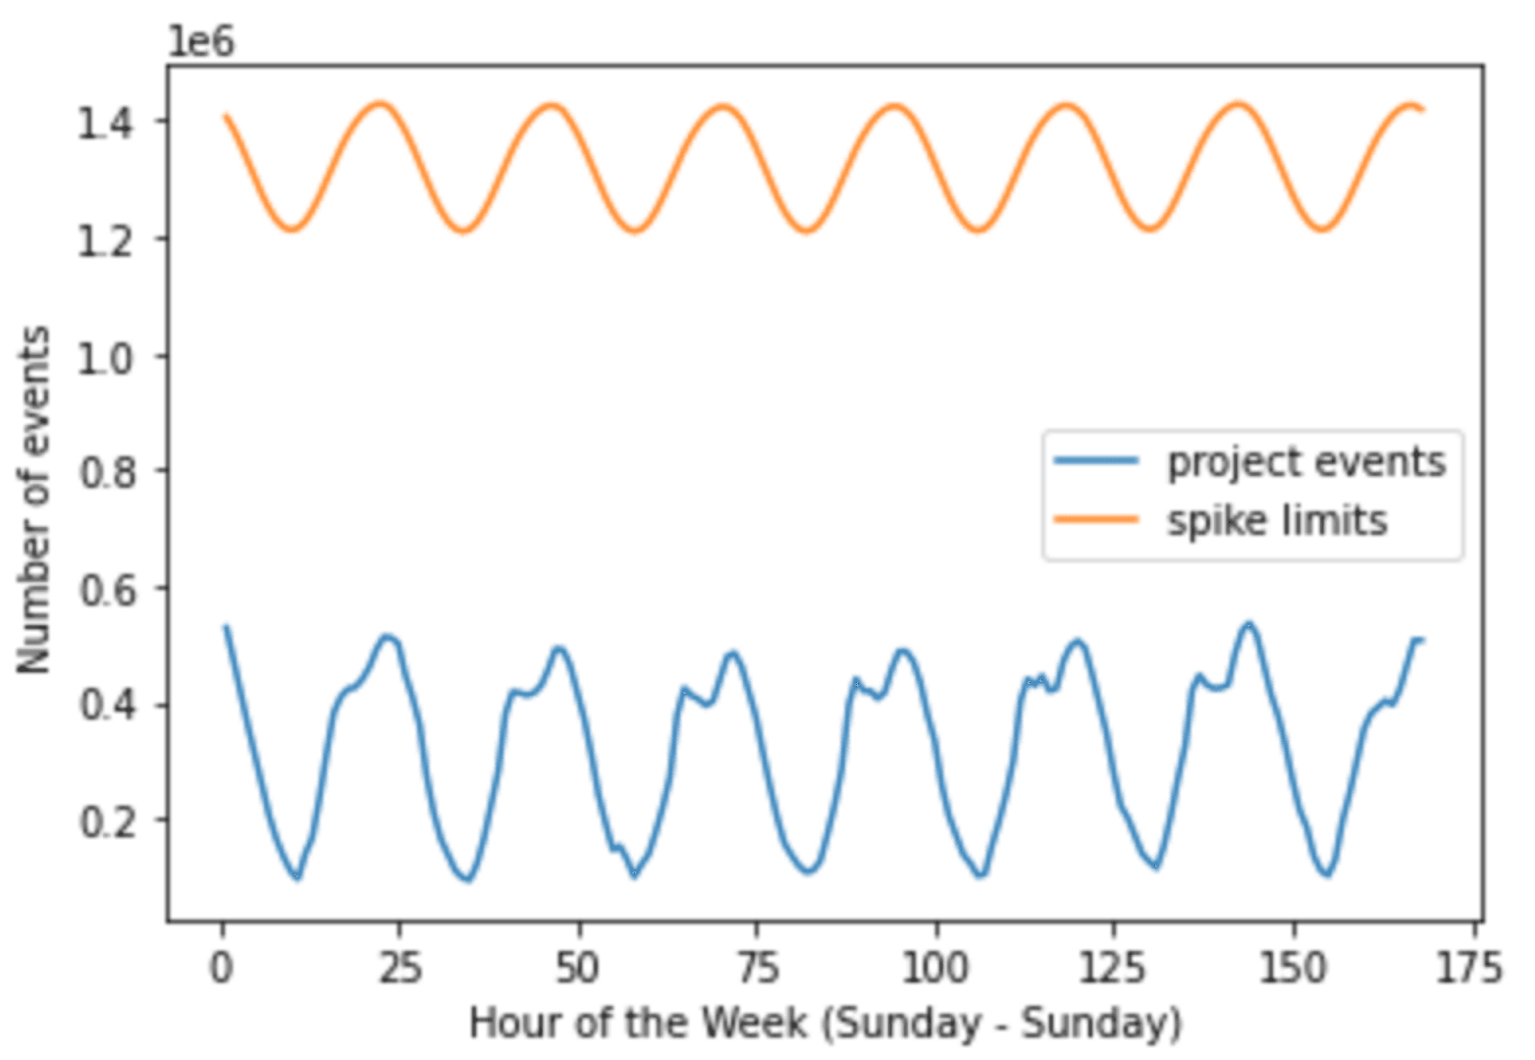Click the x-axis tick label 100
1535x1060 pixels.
click(936, 969)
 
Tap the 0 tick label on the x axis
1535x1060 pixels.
click(223, 969)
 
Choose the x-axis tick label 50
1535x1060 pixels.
click(579, 969)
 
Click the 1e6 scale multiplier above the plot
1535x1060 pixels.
click(201, 41)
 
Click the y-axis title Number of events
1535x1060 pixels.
click(35, 501)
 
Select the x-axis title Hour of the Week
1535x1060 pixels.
click(824, 1024)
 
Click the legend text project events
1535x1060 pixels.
click(1305, 462)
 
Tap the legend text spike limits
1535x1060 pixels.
click(1276, 520)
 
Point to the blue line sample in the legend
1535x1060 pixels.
click(1096, 461)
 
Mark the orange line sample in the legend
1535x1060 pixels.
click(1096, 519)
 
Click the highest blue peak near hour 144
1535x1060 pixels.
click(1248, 623)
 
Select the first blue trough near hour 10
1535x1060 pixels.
click(296, 876)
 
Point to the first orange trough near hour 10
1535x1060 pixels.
click(292, 231)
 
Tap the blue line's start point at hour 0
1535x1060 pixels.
click(227, 626)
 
